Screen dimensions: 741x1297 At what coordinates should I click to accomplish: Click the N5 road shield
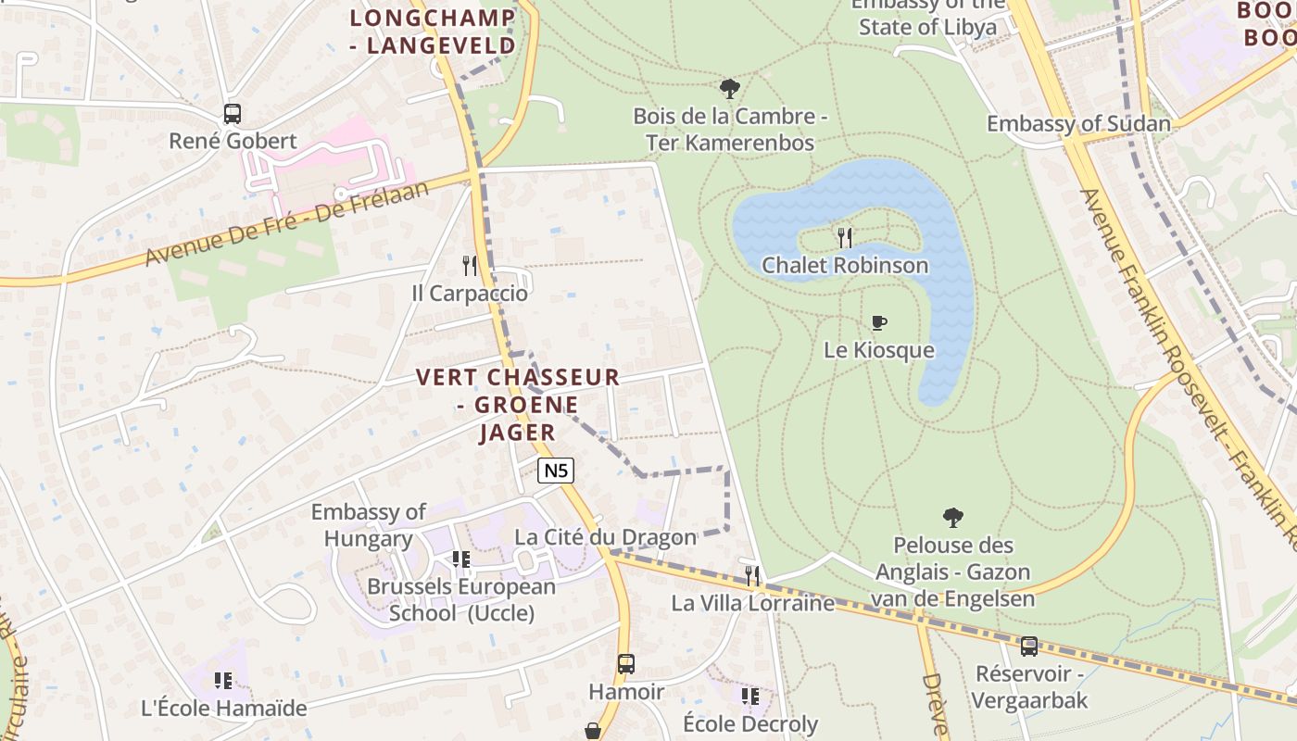point(556,471)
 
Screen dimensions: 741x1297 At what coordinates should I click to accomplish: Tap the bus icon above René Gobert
point(233,115)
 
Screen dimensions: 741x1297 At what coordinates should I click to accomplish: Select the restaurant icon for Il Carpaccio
point(470,266)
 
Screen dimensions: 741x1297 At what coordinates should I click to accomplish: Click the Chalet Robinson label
point(844,266)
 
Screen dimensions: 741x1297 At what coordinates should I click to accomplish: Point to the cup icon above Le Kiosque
point(879,322)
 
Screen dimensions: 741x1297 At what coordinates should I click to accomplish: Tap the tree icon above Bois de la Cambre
point(730,89)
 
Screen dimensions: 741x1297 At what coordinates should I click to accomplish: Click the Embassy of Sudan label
point(1078,124)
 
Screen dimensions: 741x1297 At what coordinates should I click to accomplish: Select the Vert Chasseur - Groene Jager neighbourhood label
point(518,405)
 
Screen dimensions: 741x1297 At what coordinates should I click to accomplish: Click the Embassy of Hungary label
point(369,525)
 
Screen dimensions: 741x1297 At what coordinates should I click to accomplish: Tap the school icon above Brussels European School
point(460,559)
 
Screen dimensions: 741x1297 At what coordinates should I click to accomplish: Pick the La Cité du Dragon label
point(605,537)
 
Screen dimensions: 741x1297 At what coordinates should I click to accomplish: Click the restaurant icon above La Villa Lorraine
point(752,576)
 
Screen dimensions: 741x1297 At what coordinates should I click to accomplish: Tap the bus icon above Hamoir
point(626,664)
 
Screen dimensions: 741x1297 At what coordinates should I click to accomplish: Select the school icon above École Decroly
point(749,696)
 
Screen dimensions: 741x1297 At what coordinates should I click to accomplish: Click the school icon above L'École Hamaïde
point(223,681)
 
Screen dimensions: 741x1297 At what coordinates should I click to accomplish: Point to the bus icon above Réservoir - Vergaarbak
point(1029,647)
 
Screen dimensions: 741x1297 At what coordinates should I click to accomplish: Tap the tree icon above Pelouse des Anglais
point(952,518)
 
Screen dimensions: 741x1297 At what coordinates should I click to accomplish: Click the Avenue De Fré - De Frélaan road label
point(288,223)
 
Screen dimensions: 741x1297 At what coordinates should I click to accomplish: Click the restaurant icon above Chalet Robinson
point(844,238)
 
